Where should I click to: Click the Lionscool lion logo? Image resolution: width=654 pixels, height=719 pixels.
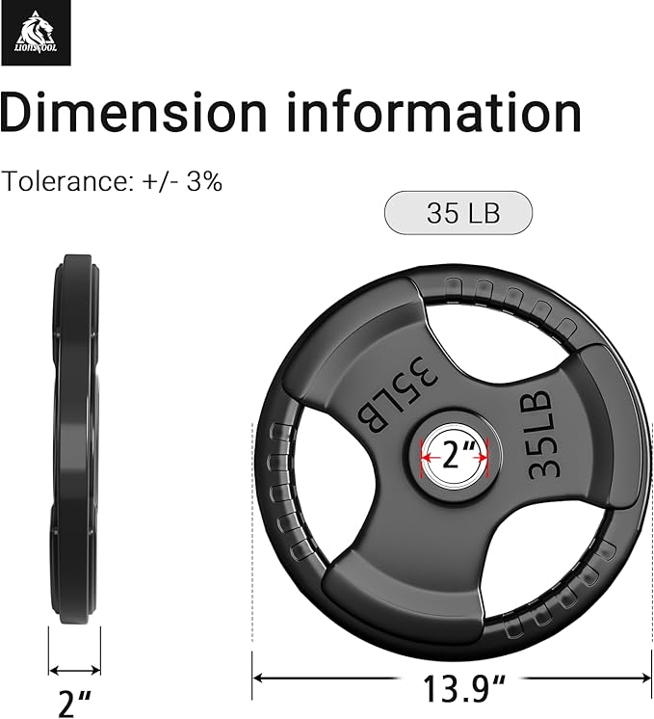click(36, 33)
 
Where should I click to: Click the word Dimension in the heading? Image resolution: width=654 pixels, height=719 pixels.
click(133, 112)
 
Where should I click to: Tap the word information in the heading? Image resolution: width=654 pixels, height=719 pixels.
click(434, 112)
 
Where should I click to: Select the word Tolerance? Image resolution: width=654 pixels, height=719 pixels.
click(67, 181)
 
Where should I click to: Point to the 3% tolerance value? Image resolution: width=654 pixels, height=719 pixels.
click(204, 181)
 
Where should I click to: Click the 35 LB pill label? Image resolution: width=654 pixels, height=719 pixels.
click(458, 213)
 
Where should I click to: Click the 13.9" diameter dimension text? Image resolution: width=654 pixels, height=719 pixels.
click(463, 688)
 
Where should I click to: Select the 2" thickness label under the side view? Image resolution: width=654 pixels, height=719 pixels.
click(75, 703)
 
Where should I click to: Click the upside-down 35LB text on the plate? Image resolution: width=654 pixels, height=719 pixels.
click(398, 393)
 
